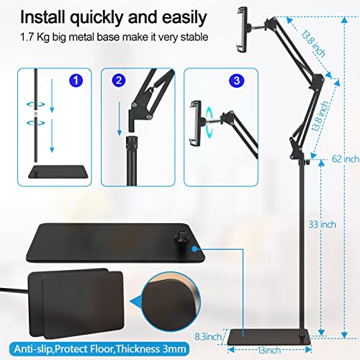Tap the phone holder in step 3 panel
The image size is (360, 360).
195,118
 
